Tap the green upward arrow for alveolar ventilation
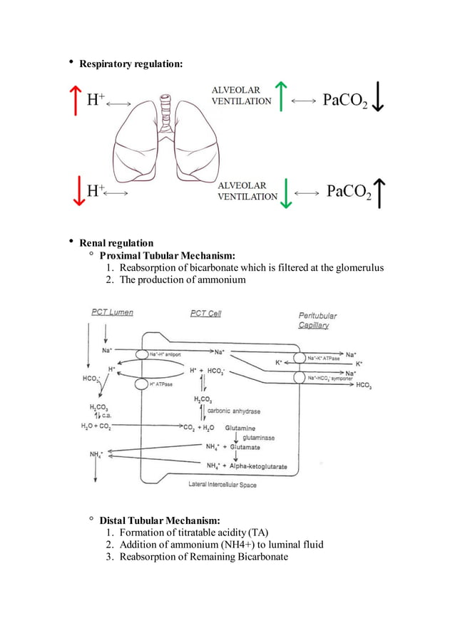[283, 96]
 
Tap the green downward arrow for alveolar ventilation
[286, 192]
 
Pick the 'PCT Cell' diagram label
[205, 313]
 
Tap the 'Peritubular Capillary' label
[317, 320]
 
